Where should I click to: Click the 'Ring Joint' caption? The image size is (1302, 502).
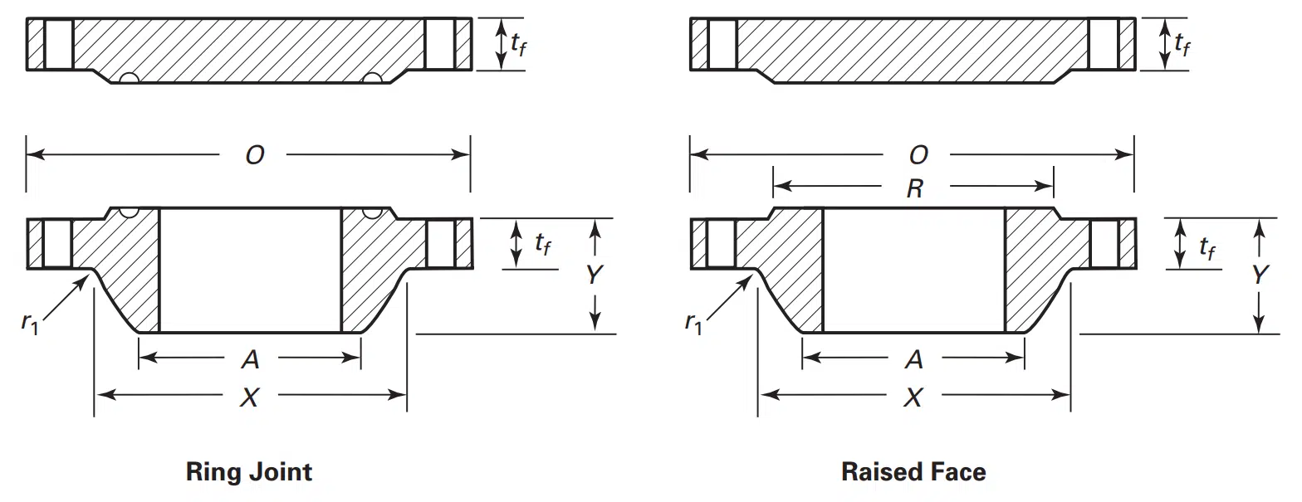pos(249,472)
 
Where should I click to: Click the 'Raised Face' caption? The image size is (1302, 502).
pos(913,472)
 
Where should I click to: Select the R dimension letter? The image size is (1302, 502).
pos(915,188)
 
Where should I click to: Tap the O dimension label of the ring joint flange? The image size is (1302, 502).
pos(255,155)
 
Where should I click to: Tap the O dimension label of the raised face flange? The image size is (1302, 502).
pos(918,155)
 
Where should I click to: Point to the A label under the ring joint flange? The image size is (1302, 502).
pos(251,359)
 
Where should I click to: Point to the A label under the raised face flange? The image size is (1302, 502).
pos(914,359)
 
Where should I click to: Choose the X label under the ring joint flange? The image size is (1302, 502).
pos(250,398)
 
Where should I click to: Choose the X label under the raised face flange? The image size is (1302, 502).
pos(913,398)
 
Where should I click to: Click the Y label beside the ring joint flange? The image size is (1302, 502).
pos(594,275)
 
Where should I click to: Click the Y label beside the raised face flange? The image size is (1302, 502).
pos(1259,275)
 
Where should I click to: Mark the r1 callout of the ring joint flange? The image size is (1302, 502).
pos(29,323)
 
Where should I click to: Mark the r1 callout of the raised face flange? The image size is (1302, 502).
pos(693,323)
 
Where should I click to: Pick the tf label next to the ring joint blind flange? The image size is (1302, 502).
pos(518,44)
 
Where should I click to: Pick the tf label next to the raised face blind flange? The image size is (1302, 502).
pos(1182,44)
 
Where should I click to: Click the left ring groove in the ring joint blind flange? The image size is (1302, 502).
pos(129,79)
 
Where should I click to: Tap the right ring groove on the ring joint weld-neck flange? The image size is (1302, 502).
pos(373,212)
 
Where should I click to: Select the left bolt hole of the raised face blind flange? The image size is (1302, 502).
pos(722,44)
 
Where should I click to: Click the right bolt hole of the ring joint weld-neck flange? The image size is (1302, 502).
pos(441,243)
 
